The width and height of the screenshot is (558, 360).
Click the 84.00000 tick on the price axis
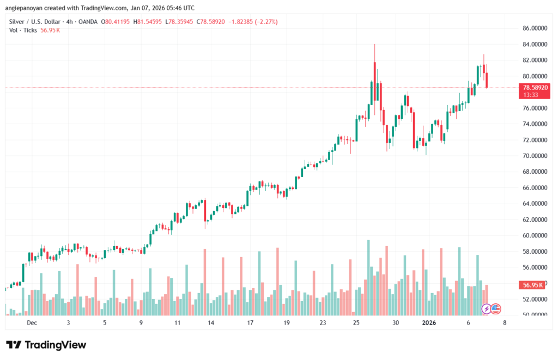pos(534,44)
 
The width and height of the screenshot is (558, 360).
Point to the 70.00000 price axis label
pos(534,156)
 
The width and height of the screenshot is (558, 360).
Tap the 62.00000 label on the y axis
pos(534,219)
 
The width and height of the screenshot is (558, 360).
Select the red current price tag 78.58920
pos(534,87)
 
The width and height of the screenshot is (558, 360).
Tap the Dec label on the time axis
pos(31,322)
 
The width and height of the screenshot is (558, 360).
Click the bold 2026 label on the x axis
pos(429,322)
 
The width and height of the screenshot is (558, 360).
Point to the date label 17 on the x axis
pos(250,322)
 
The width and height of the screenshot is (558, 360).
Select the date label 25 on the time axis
pos(356,322)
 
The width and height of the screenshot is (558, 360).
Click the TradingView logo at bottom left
pos(46,345)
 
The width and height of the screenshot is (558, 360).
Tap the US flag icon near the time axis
pos(495,309)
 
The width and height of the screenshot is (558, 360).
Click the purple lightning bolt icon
pos(486,309)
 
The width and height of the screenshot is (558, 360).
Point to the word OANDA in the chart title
pos(88,22)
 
